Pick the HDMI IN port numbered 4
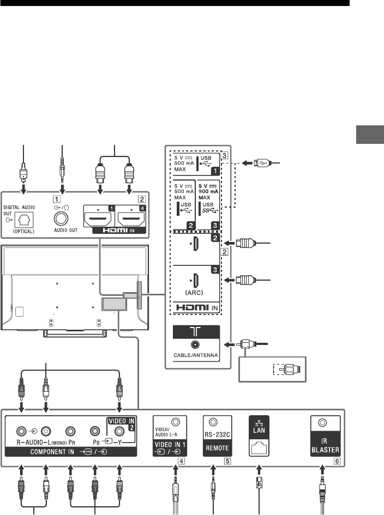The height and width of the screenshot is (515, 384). click(130, 219)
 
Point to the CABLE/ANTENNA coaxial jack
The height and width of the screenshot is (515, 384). click(195, 345)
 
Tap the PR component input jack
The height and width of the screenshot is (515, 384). click(70, 430)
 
